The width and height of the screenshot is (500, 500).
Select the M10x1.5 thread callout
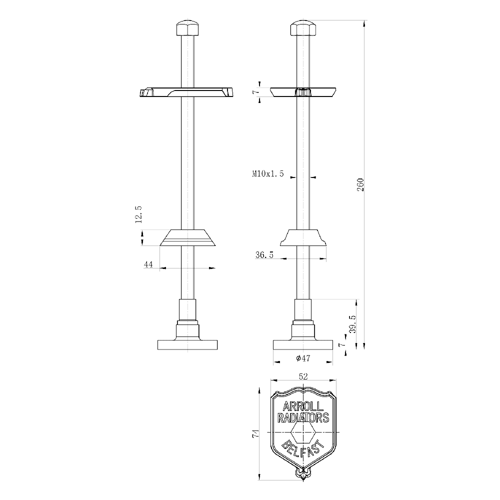point(267,174)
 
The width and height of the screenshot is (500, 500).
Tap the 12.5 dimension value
point(138,214)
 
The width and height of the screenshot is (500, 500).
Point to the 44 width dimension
point(148,264)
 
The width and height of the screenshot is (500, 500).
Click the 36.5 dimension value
point(264,254)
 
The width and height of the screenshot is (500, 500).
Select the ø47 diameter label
point(303,358)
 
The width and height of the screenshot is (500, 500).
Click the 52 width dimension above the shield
point(303,376)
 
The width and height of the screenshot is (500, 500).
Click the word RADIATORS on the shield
point(303,417)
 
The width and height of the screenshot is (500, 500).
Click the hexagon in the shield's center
point(303,432)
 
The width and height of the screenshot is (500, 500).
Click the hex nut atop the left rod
point(188,28)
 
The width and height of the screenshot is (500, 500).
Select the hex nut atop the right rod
point(303,28)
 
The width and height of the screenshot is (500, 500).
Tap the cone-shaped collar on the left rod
point(188,238)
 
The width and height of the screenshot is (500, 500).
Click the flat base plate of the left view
point(188,344)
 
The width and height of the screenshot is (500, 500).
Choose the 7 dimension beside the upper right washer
point(254,92)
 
